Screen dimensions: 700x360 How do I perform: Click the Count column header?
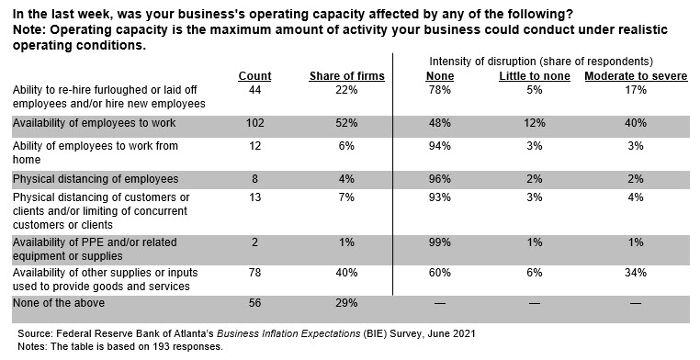pos(254,76)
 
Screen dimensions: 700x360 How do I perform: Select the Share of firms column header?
pos(347,76)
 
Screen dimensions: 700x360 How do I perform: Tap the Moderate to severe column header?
pos(637,76)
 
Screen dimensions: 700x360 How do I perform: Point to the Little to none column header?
pos(535,76)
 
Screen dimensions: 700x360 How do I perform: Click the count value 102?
pos(254,123)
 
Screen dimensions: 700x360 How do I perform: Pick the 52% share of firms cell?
pos(346,123)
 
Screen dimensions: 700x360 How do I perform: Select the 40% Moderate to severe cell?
pos(636,123)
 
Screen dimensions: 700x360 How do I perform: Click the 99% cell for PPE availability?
pos(440,242)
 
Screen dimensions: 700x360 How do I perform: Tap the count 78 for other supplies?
pos(254,272)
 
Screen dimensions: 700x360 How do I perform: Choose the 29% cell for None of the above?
pos(346,303)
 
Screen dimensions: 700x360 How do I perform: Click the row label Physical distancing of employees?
pos(96,179)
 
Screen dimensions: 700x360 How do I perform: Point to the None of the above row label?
pos(59,303)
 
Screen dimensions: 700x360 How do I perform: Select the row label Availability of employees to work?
pos(95,123)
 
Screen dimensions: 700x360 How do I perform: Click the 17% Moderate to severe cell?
pos(636,90)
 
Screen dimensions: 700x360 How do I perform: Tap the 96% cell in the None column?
pos(440,179)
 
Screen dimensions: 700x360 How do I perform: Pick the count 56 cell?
pos(254,303)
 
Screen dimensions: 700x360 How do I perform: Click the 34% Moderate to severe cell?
pos(636,272)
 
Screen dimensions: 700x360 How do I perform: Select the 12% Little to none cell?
pos(535,123)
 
